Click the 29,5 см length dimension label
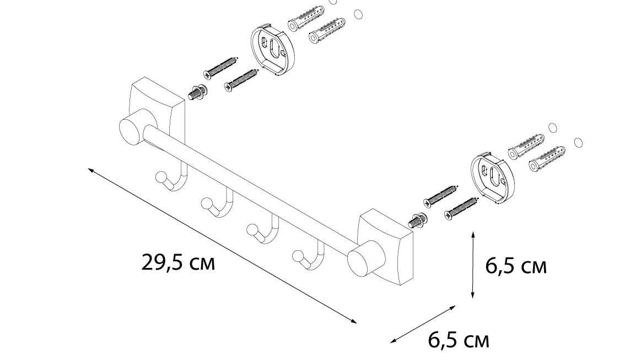point(179,262)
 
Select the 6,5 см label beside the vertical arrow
point(516,266)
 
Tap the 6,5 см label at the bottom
point(459,340)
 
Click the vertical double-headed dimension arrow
point(473,265)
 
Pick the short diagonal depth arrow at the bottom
point(423,324)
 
